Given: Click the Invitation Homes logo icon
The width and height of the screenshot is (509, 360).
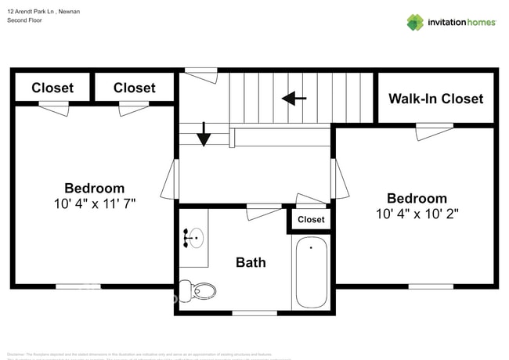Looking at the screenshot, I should click(415, 23).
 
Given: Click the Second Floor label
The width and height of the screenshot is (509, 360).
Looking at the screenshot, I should click(24, 20).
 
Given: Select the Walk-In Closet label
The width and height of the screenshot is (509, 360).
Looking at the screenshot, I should click(436, 99).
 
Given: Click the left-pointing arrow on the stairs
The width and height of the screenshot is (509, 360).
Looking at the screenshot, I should click(294, 99).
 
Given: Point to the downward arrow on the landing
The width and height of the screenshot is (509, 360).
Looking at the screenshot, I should click(204, 135).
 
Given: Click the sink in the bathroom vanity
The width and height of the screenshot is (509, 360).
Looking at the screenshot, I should click(195, 236).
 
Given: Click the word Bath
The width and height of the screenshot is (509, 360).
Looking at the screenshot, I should click(251, 262).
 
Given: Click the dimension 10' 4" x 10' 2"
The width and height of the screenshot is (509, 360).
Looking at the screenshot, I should click(417, 214).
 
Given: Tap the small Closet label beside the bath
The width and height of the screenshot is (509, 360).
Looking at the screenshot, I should click(311, 220).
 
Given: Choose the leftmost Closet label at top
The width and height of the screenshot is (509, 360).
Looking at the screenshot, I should click(52, 88).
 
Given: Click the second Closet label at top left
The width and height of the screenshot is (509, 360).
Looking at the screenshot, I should click(134, 88).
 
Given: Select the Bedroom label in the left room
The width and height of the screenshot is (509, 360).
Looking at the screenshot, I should click(94, 188).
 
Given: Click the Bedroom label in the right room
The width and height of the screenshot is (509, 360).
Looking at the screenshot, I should click(417, 198).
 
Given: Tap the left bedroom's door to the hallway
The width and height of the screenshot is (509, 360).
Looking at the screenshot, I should click(170, 179).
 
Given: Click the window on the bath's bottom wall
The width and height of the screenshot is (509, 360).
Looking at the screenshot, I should click(254, 312).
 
